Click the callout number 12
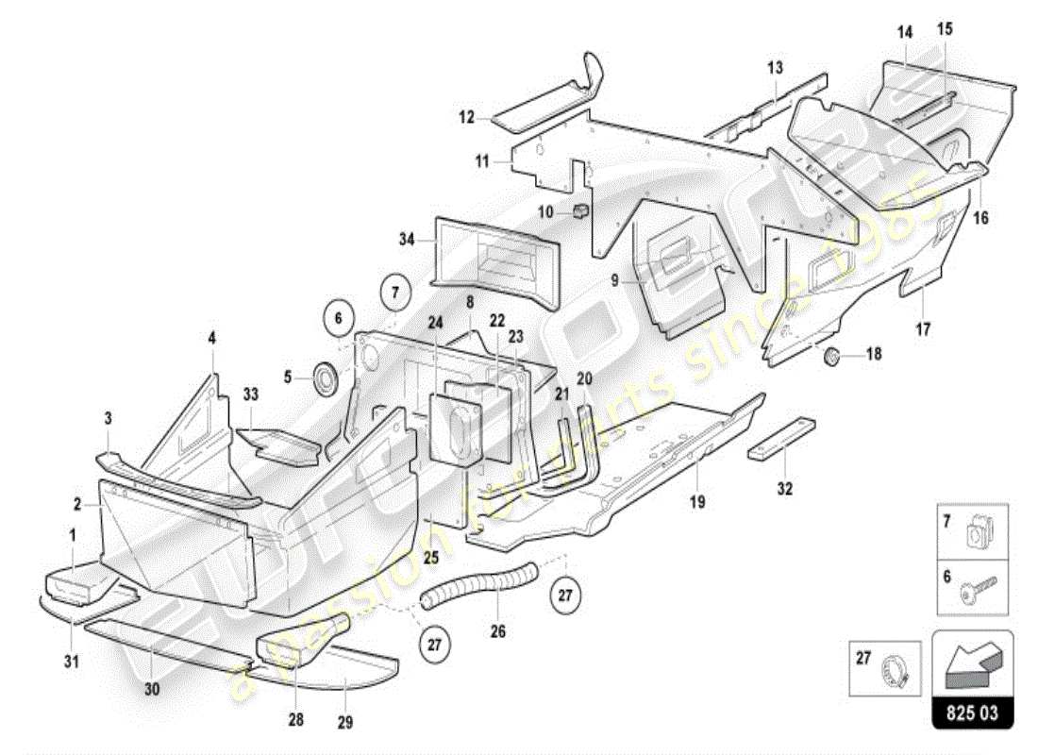pos(466,119)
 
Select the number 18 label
pos(874,355)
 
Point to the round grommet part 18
pos(833,357)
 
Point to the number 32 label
pos(785,489)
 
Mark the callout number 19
pos(696,503)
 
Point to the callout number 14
pos(905,32)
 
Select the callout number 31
pos(72,662)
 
